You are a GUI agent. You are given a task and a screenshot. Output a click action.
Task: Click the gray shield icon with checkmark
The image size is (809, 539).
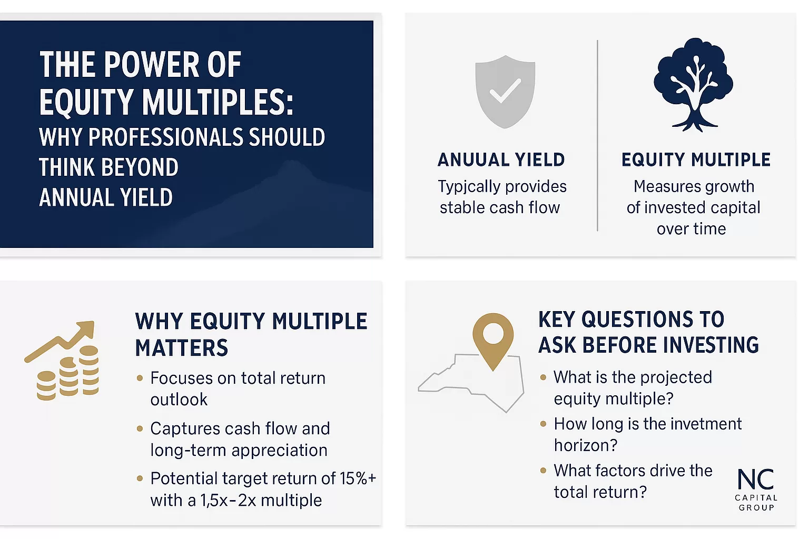point(505,92)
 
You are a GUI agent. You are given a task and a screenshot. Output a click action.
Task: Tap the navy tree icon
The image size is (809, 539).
point(693,85)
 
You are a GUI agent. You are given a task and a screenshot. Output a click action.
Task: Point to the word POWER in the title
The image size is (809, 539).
point(152,65)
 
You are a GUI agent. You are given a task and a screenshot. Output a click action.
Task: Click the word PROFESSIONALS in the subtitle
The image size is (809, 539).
point(165,137)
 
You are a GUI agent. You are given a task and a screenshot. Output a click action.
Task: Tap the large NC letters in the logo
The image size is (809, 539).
point(756,478)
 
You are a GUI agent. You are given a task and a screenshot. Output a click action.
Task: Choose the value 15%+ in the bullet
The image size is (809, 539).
point(358,478)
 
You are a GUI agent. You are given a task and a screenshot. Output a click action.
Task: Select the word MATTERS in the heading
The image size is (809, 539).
point(182,347)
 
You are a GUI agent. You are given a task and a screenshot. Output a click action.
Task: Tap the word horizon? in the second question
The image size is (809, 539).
point(586,445)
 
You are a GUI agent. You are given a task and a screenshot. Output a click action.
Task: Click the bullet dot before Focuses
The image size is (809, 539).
point(140,378)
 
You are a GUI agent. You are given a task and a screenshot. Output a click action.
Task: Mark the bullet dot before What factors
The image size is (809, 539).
point(543,471)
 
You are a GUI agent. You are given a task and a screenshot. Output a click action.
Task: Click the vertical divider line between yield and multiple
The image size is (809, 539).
point(597,135)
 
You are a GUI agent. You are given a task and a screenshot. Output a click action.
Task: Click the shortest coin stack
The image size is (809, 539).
point(46,386)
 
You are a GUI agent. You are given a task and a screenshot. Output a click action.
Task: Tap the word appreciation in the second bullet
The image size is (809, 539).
point(279,451)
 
